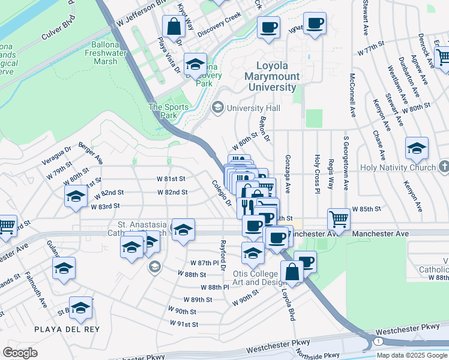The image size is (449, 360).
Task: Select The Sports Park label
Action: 169,111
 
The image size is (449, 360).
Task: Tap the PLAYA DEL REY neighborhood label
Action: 67,329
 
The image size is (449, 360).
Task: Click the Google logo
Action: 20,353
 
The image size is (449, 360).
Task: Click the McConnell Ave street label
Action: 352,95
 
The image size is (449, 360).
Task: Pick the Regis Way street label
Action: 331,175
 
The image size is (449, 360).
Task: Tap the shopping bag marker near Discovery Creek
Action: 173,28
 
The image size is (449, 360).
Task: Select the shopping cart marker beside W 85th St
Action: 339,218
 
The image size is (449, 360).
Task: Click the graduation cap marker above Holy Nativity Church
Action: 417,148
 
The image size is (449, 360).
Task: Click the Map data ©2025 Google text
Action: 412,355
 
